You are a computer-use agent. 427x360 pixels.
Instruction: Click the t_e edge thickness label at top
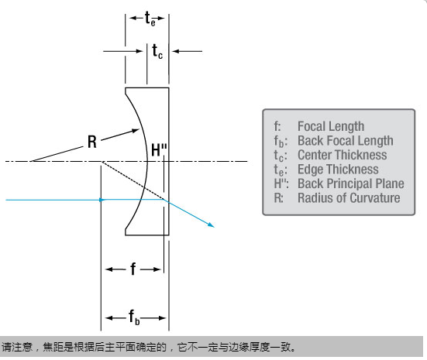(150, 19)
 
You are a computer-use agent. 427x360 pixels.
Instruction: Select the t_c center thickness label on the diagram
(157, 51)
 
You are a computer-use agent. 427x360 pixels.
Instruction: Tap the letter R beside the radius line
(92, 142)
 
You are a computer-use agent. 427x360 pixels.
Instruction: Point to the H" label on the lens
(159, 150)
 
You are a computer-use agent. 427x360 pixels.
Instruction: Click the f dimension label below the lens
(133, 269)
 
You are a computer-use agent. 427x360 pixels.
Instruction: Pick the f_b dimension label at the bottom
(134, 317)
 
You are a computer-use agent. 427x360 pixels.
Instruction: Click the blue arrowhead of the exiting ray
(211, 225)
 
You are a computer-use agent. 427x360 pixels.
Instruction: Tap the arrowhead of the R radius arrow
(136, 131)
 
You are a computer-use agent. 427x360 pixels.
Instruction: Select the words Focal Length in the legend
(331, 126)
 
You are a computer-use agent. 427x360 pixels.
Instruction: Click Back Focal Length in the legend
(346, 141)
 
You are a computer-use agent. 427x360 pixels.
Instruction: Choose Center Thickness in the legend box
(343, 155)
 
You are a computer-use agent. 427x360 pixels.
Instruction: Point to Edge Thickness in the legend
(338, 170)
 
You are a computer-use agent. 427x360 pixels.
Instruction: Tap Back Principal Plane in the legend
(351, 183)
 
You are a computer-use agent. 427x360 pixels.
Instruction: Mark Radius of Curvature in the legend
(349, 198)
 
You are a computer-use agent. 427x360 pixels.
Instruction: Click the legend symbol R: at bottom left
(278, 198)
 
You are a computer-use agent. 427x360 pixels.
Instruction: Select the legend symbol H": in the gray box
(281, 183)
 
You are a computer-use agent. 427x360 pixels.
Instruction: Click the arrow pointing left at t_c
(188, 51)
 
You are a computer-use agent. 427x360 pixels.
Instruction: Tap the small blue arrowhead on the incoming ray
(102, 200)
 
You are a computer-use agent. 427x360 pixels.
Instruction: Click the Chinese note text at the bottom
(149, 347)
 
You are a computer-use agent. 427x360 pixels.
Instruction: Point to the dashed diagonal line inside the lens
(133, 180)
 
